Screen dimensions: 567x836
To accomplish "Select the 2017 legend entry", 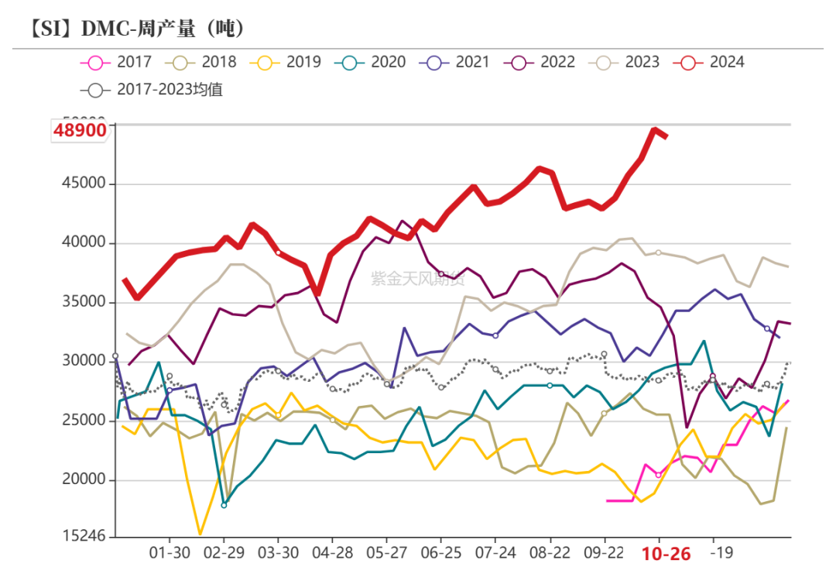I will click(116, 62).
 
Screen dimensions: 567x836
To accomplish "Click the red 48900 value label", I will click(80, 131).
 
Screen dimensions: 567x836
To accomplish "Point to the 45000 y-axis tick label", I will click(84, 184).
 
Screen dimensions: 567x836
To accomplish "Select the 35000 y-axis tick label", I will click(84, 302).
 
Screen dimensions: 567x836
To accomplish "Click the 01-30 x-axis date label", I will click(169, 554).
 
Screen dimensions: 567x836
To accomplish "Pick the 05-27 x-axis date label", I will click(386, 554).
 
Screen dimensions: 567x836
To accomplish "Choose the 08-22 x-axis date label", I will click(550, 554).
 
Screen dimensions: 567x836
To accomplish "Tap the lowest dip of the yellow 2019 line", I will click(200, 534).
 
